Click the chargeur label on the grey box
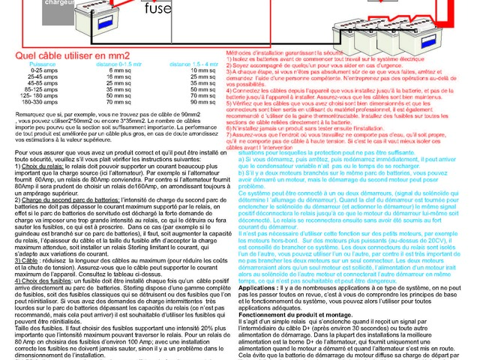36,3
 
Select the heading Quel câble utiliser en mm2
77,55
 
